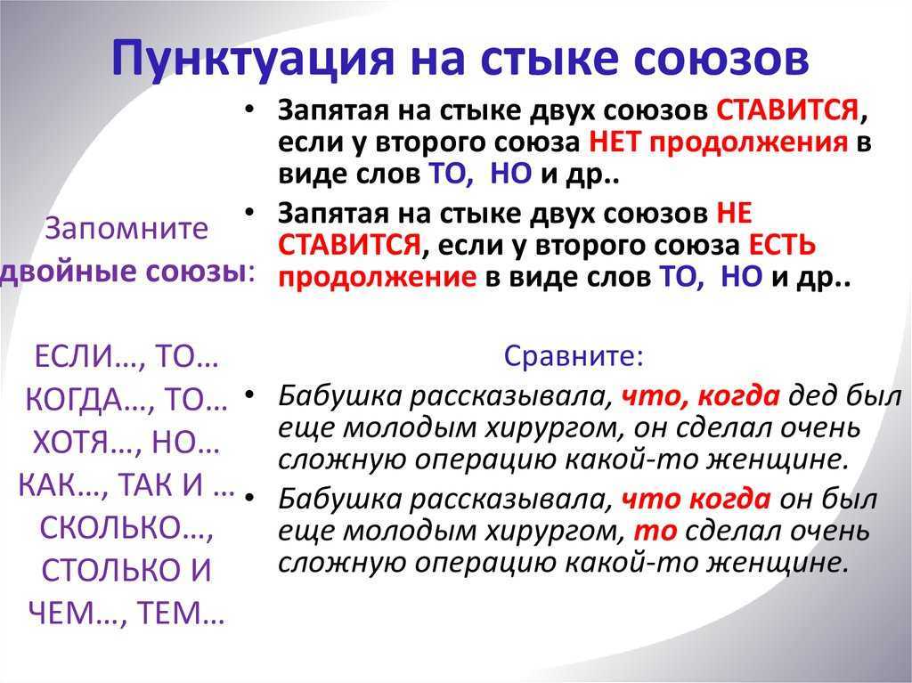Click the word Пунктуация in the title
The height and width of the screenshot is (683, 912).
pyautogui.click(x=253, y=58)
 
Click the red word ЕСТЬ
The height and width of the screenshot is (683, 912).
pyautogui.click(x=782, y=245)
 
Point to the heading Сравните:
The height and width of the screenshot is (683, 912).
pyautogui.click(x=574, y=355)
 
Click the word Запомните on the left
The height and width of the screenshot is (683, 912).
pyautogui.click(x=126, y=229)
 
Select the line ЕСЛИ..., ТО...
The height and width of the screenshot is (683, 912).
pyautogui.click(x=126, y=356)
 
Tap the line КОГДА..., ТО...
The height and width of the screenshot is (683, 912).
pyautogui.click(x=126, y=400)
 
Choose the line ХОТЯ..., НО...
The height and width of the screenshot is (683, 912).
pyautogui.click(x=126, y=443)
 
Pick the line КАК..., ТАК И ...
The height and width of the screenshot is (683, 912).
pyautogui.click(x=126, y=484)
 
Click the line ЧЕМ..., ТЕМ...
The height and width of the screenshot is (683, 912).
pyautogui.click(x=126, y=613)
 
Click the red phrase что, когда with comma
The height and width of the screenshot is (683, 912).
pyautogui.click(x=700, y=396)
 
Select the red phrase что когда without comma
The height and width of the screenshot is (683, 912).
pyautogui.click(x=696, y=500)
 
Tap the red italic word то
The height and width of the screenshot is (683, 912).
pyautogui.click(x=655, y=532)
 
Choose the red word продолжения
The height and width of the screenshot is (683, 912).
pyautogui.click(x=748, y=142)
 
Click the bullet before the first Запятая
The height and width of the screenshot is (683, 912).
pyautogui.click(x=250, y=110)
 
